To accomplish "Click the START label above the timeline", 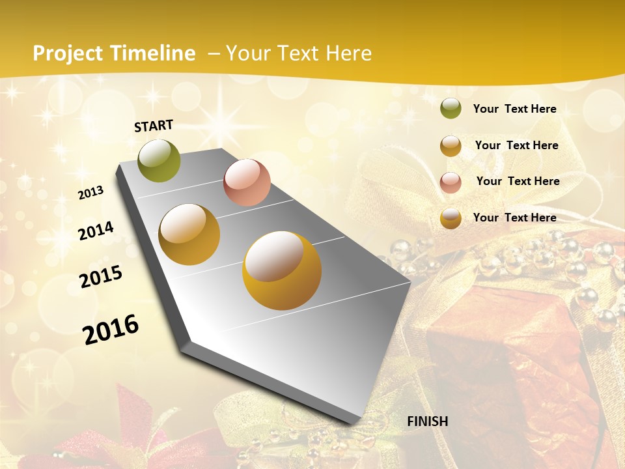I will (x=154, y=126).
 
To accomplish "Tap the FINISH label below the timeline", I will (x=427, y=421).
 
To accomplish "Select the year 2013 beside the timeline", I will (x=91, y=193).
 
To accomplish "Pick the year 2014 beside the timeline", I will (x=96, y=231).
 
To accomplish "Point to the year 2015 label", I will (x=101, y=277).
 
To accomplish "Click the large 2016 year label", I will (x=111, y=329).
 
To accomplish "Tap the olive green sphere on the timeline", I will (x=160, y=161).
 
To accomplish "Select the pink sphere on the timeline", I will (x=247, y=182).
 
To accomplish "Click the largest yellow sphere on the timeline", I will (x=282, y=270).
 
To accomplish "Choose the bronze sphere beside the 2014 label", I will (x=189, y=234).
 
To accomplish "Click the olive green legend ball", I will (x=451, y=109).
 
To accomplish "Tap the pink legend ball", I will (x=451, y=182).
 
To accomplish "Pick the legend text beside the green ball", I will (x=514, y=109).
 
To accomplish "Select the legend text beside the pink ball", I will (x=518, y=181).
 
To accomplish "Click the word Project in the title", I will (x=68, y=53).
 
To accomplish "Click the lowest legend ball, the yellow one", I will (x=451, y=218).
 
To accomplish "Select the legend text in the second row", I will (x=516, y=145).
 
